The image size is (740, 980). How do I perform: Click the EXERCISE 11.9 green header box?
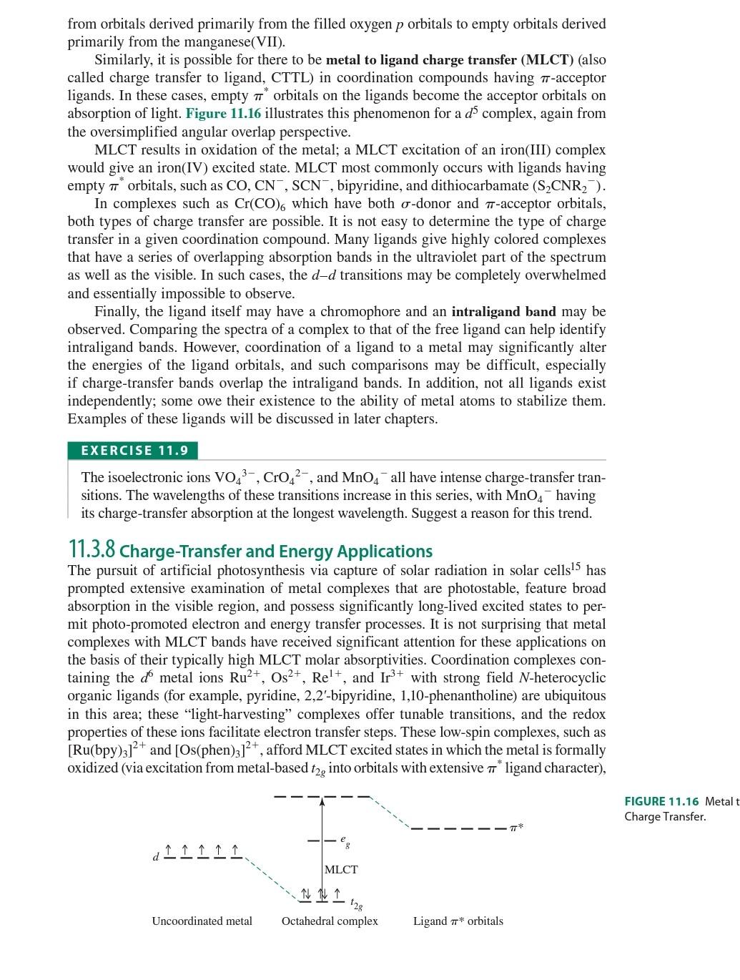tap(133, 451)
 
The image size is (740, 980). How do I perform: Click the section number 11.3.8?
tap(92, 550)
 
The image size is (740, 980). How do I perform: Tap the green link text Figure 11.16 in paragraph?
tap(223, 114)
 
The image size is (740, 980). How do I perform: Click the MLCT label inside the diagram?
tap(341, 870)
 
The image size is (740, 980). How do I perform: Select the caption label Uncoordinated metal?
tap(202, 921)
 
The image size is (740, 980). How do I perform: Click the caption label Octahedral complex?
tap(330, 921)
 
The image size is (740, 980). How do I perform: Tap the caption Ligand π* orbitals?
tap(458, 921)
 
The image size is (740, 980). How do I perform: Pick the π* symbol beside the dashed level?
tap(517, 828)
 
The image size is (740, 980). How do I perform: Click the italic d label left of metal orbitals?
tap(155, 857)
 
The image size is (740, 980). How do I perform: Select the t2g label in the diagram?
tap(356, 903)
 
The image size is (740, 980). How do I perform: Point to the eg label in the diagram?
tap(345, 842)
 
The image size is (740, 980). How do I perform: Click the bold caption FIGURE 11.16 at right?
tap(661, 801)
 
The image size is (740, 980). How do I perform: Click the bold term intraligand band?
tap(503, 312)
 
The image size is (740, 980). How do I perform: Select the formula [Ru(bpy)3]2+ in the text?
tap(107, 750)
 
